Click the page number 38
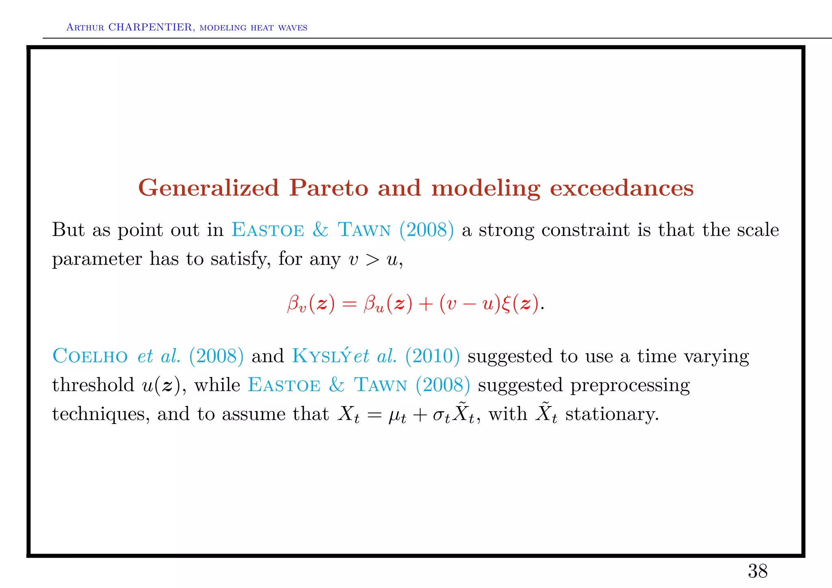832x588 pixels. coord(757,571)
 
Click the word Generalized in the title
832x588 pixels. coord(208,188)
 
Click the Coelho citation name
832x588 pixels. coord(90,356)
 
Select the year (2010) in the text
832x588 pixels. coord(432,356)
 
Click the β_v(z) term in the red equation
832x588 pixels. coord(311,304)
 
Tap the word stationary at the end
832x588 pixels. coord(611,414)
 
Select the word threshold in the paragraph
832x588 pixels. coord(93,385)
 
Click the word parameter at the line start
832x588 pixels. coord(97,259)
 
